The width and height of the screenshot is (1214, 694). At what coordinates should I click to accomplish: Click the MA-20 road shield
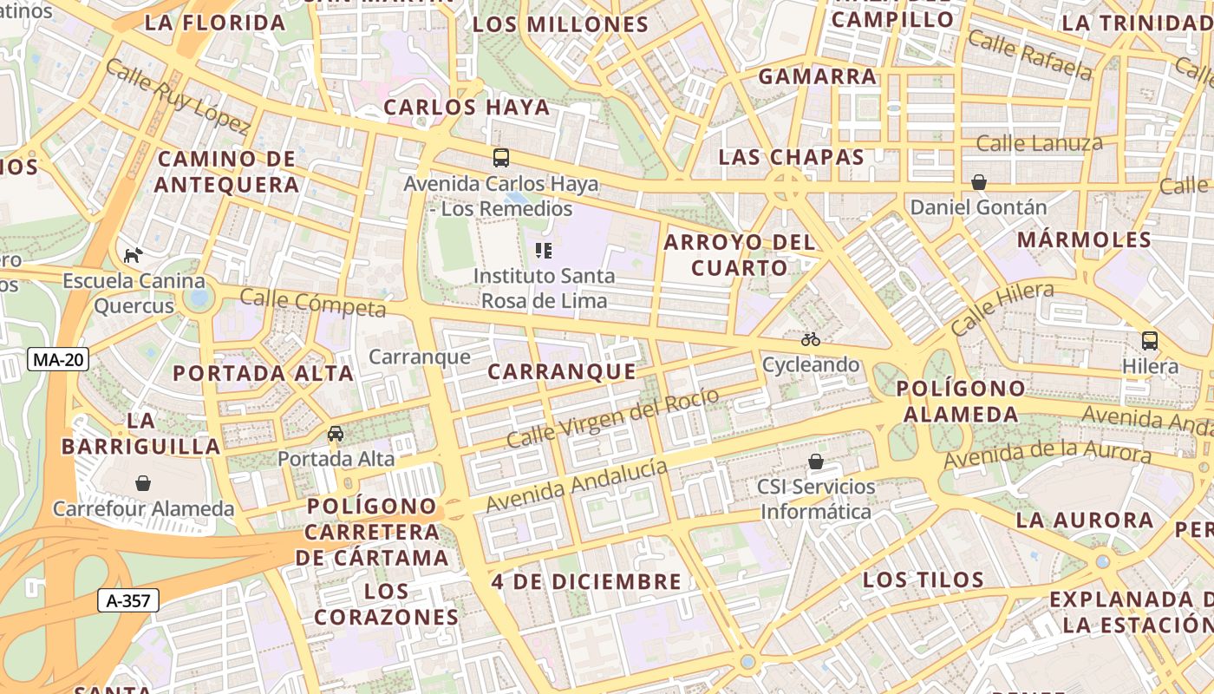(x=59, y=359)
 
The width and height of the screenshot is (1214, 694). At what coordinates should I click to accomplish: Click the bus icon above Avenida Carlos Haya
(x=501, y=158)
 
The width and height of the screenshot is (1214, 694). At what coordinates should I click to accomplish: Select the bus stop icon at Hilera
(x=1150, y=341)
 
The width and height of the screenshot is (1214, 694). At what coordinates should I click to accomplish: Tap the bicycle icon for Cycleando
(x=811, y=339)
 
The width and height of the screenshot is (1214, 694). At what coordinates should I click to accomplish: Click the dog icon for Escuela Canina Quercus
(x=133, y=255)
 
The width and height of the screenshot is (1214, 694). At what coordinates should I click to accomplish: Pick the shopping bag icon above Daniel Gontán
(x=979, y=182)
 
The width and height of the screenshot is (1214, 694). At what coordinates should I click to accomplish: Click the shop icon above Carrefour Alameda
(x=143, y=483)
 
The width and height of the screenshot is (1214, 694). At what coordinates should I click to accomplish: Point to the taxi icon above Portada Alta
(x=336, y=433)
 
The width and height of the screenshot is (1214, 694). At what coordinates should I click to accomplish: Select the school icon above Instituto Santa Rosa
(x=544, y=251)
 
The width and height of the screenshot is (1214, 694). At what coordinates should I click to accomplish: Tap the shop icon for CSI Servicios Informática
(x=815, y=461)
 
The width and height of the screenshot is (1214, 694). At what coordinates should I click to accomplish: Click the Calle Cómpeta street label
(x=312, y=303)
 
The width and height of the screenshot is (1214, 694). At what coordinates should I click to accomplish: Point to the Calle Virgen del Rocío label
(x=612, y=418)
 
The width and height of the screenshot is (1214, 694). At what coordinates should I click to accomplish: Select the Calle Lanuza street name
(x=1039, y=143)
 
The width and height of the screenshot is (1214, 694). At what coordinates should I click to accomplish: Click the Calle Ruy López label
(x=178, y=96)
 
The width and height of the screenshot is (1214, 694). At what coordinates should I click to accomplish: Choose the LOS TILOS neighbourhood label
(x=924, y=580)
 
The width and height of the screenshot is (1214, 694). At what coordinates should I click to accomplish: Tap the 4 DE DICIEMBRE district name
(x=587, y=581)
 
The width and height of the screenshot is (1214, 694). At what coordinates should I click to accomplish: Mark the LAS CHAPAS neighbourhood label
(x=792, y=157)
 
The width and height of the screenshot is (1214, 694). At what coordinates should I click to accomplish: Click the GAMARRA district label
(x=818, y=76)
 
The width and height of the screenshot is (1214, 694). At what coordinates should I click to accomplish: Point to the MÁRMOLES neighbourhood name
(x=1084, y=239)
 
